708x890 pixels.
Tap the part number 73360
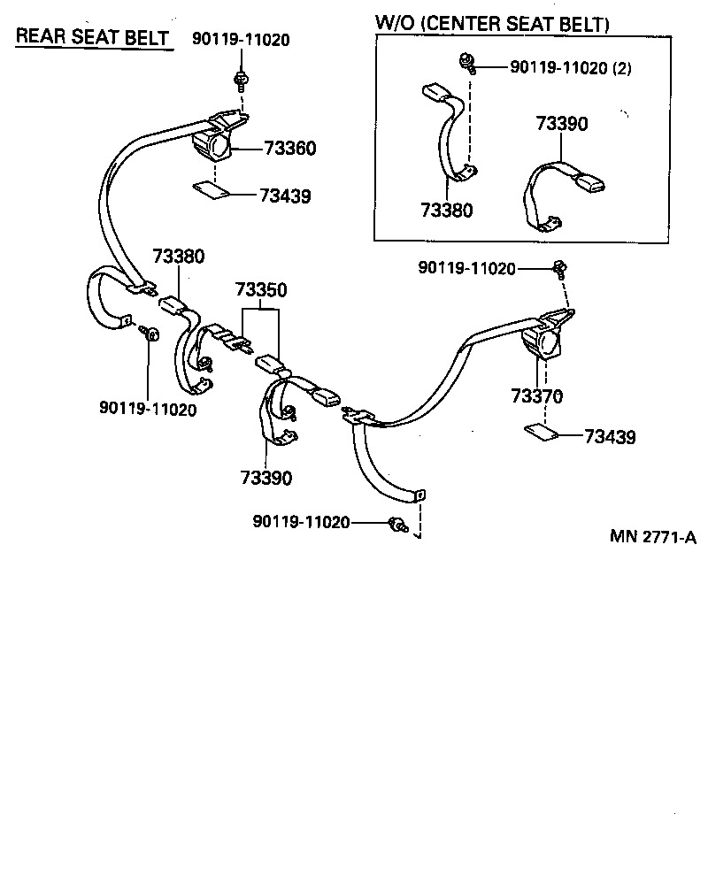(287, 148)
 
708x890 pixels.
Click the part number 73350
(261, 290)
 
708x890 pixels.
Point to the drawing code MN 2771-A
(653, 537)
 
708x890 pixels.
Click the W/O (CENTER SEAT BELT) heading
(493, 25)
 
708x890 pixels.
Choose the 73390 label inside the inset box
(560, 124)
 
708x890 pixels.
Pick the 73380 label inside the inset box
(446, 211)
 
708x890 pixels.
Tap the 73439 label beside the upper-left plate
(285, 196)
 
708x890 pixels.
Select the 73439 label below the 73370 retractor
(610, 437)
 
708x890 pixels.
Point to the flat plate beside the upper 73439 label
(210, 189)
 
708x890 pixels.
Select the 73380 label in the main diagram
(179, 257)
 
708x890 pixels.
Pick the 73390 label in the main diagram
(265, 478)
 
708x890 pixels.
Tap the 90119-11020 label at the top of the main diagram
(242, 40)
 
